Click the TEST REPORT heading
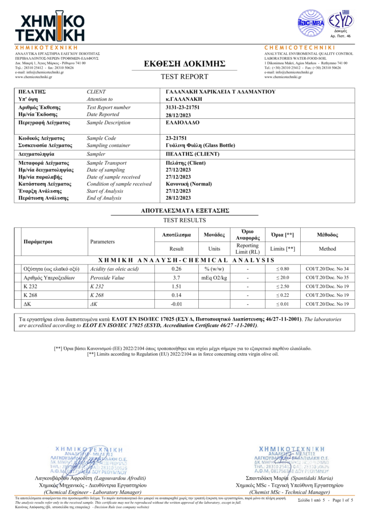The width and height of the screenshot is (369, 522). tap(184, 76)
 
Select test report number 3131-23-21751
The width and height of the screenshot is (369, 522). tap(183, 108)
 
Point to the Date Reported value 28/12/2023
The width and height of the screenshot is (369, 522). tap(178, 115)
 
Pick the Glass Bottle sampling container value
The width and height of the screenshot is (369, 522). tap(201, 145)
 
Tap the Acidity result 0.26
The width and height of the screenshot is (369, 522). tap(176, 269)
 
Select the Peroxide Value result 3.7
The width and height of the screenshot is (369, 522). tap(176, 278)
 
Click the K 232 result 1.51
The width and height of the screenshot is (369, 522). tap(176, 286)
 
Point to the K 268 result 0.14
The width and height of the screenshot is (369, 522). tap(176, 295)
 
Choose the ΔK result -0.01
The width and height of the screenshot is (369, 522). tap(176, 304)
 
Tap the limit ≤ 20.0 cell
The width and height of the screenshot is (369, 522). tap(282, 278)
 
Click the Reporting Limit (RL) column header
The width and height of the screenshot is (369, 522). tap(248, 249)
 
